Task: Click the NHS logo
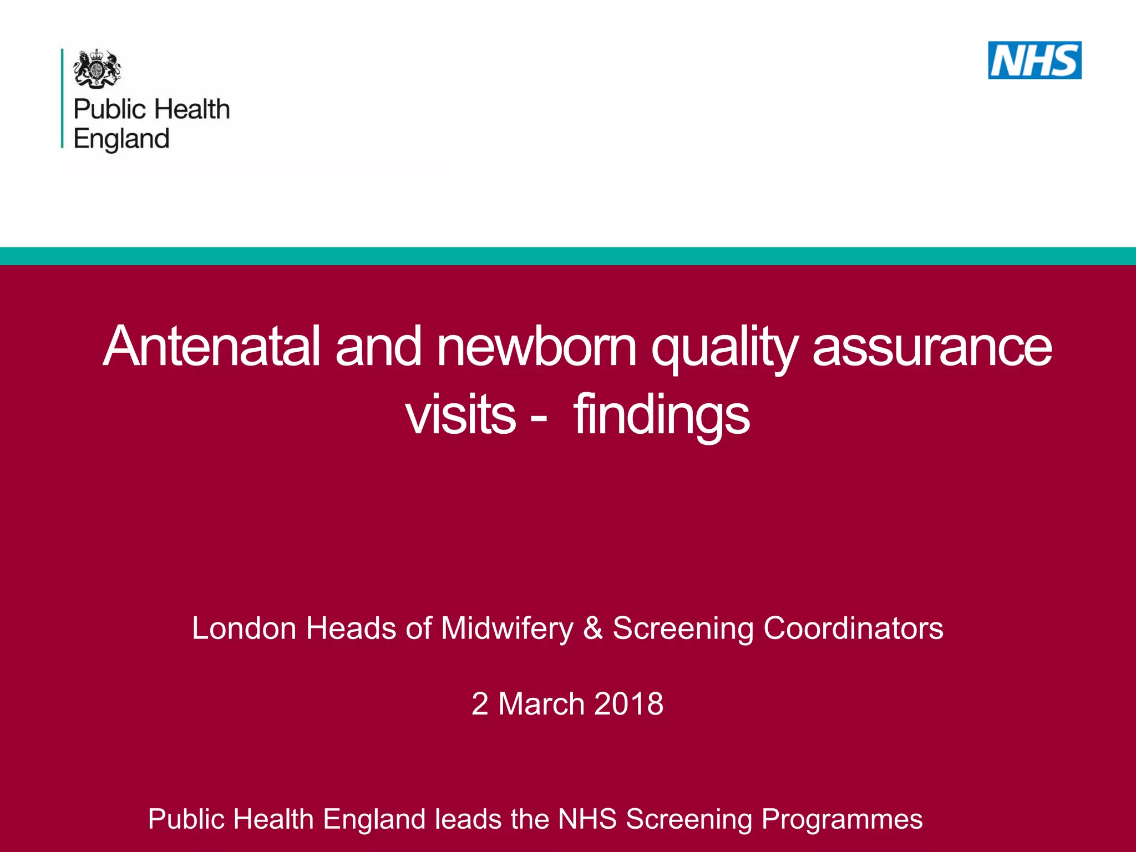pyautogui.click(x=1034, y=60)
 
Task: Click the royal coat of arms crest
pyautogui.click(x=97, y=68)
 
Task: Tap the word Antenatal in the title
pyautogui.click(x=212, y=347)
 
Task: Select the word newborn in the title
pyautogui.click(x=537, y=347)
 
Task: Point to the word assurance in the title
pyautogui.click(x=932, y=347)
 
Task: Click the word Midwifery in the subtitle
pyautogui.click(x=507, y=629)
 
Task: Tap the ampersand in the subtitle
pyautogui.click(x=593, y=628)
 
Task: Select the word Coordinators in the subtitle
pyautogui.click(x=853, y=628)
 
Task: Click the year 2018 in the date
pyautogui.click(x=628, y=704)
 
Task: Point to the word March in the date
pyautogui.click(x=541, y=704)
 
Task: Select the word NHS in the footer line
pyautogui.click(x=587, y=819)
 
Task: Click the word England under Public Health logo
pyautogui.click(x=121, y=139)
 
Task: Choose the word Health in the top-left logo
pyautogui.click(x=192, y=109)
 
